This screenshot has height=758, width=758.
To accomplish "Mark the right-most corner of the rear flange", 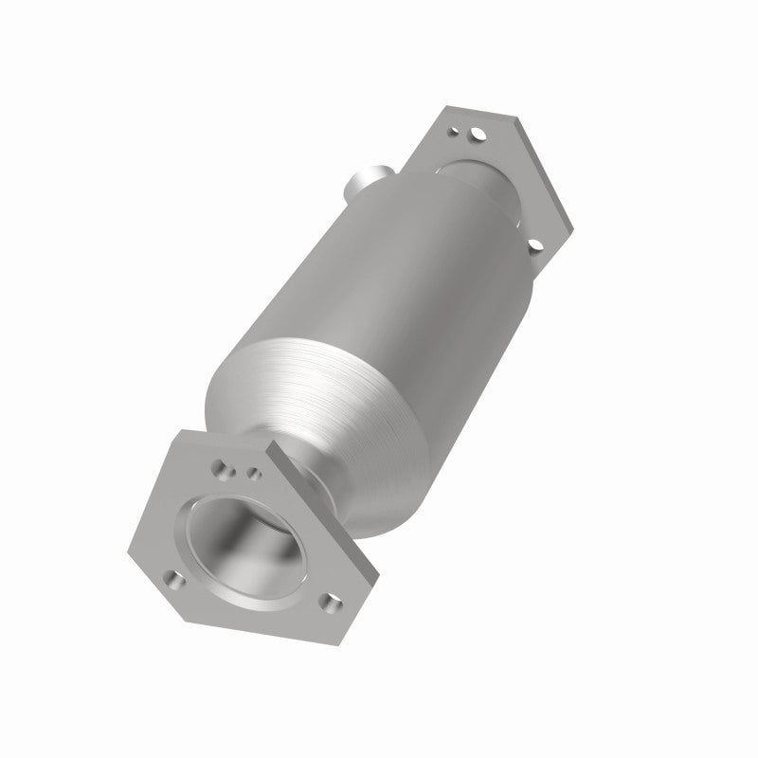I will pos(573,227).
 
